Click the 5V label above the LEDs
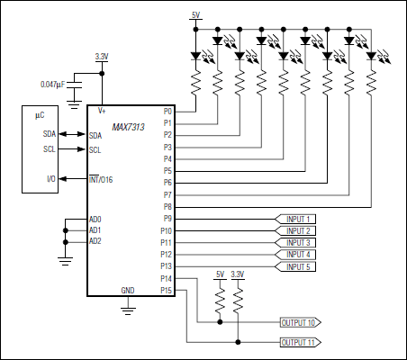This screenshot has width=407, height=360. pos(196,14)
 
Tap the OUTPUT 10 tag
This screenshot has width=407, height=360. pos(298,321)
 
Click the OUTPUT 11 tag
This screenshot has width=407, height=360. pos(298,343)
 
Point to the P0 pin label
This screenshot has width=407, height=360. pos(167,111)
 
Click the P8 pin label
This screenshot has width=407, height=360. pos(167,207)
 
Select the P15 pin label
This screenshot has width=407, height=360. pos(166,290)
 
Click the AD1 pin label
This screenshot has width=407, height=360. pos(95,230)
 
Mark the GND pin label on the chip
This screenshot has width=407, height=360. pos(129,290)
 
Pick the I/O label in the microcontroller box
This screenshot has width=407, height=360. pos(50,180)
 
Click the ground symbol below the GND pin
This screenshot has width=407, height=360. pos(129,309)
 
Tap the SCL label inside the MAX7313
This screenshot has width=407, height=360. pos(95,149)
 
